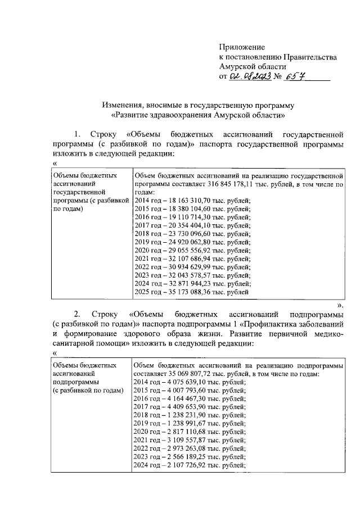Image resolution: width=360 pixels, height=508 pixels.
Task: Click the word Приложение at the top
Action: point(242,48)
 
